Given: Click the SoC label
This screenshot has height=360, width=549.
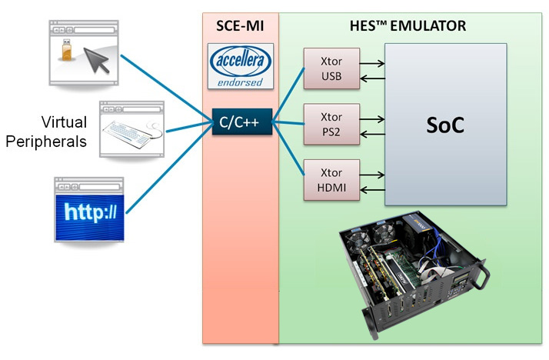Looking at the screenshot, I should [x=445, y=126].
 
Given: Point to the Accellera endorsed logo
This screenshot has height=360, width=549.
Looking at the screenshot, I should [x=240, y=67].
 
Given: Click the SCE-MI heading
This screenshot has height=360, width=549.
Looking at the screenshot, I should [x=240, y=27].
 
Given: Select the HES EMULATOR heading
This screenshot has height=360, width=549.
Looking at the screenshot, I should [x=412, y=27].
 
